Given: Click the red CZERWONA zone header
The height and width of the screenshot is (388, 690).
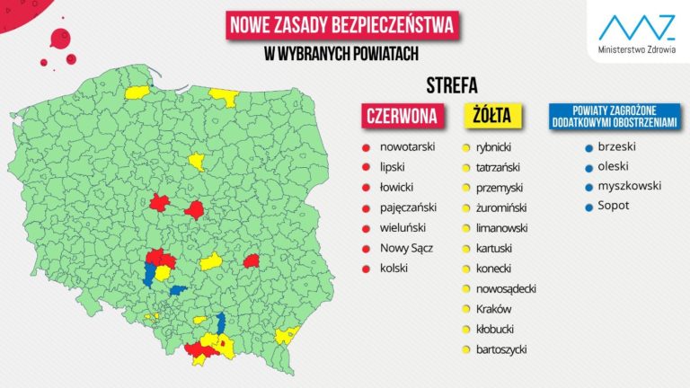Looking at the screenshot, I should [x=401, y=115].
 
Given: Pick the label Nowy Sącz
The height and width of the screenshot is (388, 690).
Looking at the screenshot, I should [x=407, y=248].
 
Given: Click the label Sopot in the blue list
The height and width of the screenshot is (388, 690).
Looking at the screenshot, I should [x=614, y=206].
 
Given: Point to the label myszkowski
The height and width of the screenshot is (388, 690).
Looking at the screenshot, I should [x=629, y=186].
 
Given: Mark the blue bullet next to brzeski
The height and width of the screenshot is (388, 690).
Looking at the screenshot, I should [x=588, y=146].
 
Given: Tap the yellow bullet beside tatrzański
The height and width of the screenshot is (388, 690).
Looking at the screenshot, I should [x=466, y=167].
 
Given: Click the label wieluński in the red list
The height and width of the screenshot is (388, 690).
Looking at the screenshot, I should [x=402, y=228].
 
